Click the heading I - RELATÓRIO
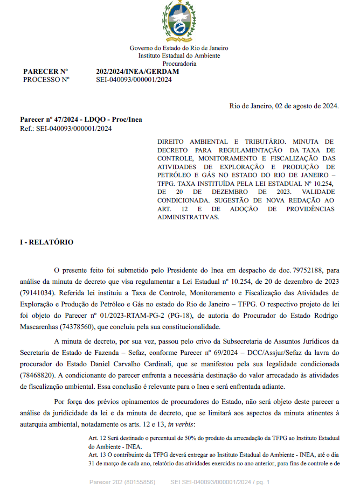pos(47,242)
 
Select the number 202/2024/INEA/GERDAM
pos(137,72)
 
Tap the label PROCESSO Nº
pos(46,80)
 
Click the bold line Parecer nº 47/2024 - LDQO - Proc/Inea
pos(81,120)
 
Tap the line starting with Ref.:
pos(66,128)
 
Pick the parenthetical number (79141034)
pos(37,293)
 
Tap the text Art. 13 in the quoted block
pos(99,455)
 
